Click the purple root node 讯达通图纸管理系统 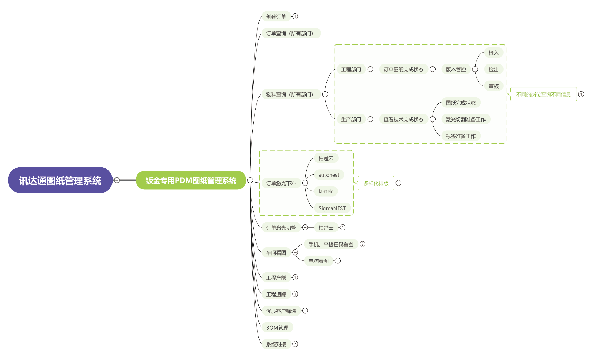60,180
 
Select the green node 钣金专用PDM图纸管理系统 191,180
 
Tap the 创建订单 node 276,17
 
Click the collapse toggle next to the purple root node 117,180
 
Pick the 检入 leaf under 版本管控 494,53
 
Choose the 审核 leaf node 494,86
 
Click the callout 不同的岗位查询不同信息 543,94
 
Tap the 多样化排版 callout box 376,183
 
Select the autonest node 329,175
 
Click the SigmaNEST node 332,208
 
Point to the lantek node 325,192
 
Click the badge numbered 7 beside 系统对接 295,344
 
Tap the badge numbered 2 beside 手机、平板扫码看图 362,244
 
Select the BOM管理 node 277,328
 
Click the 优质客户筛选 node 281,311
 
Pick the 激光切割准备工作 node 466,119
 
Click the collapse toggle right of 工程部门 370,69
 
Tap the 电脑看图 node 319,261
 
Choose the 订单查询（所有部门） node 290,33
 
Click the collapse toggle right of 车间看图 295,253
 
